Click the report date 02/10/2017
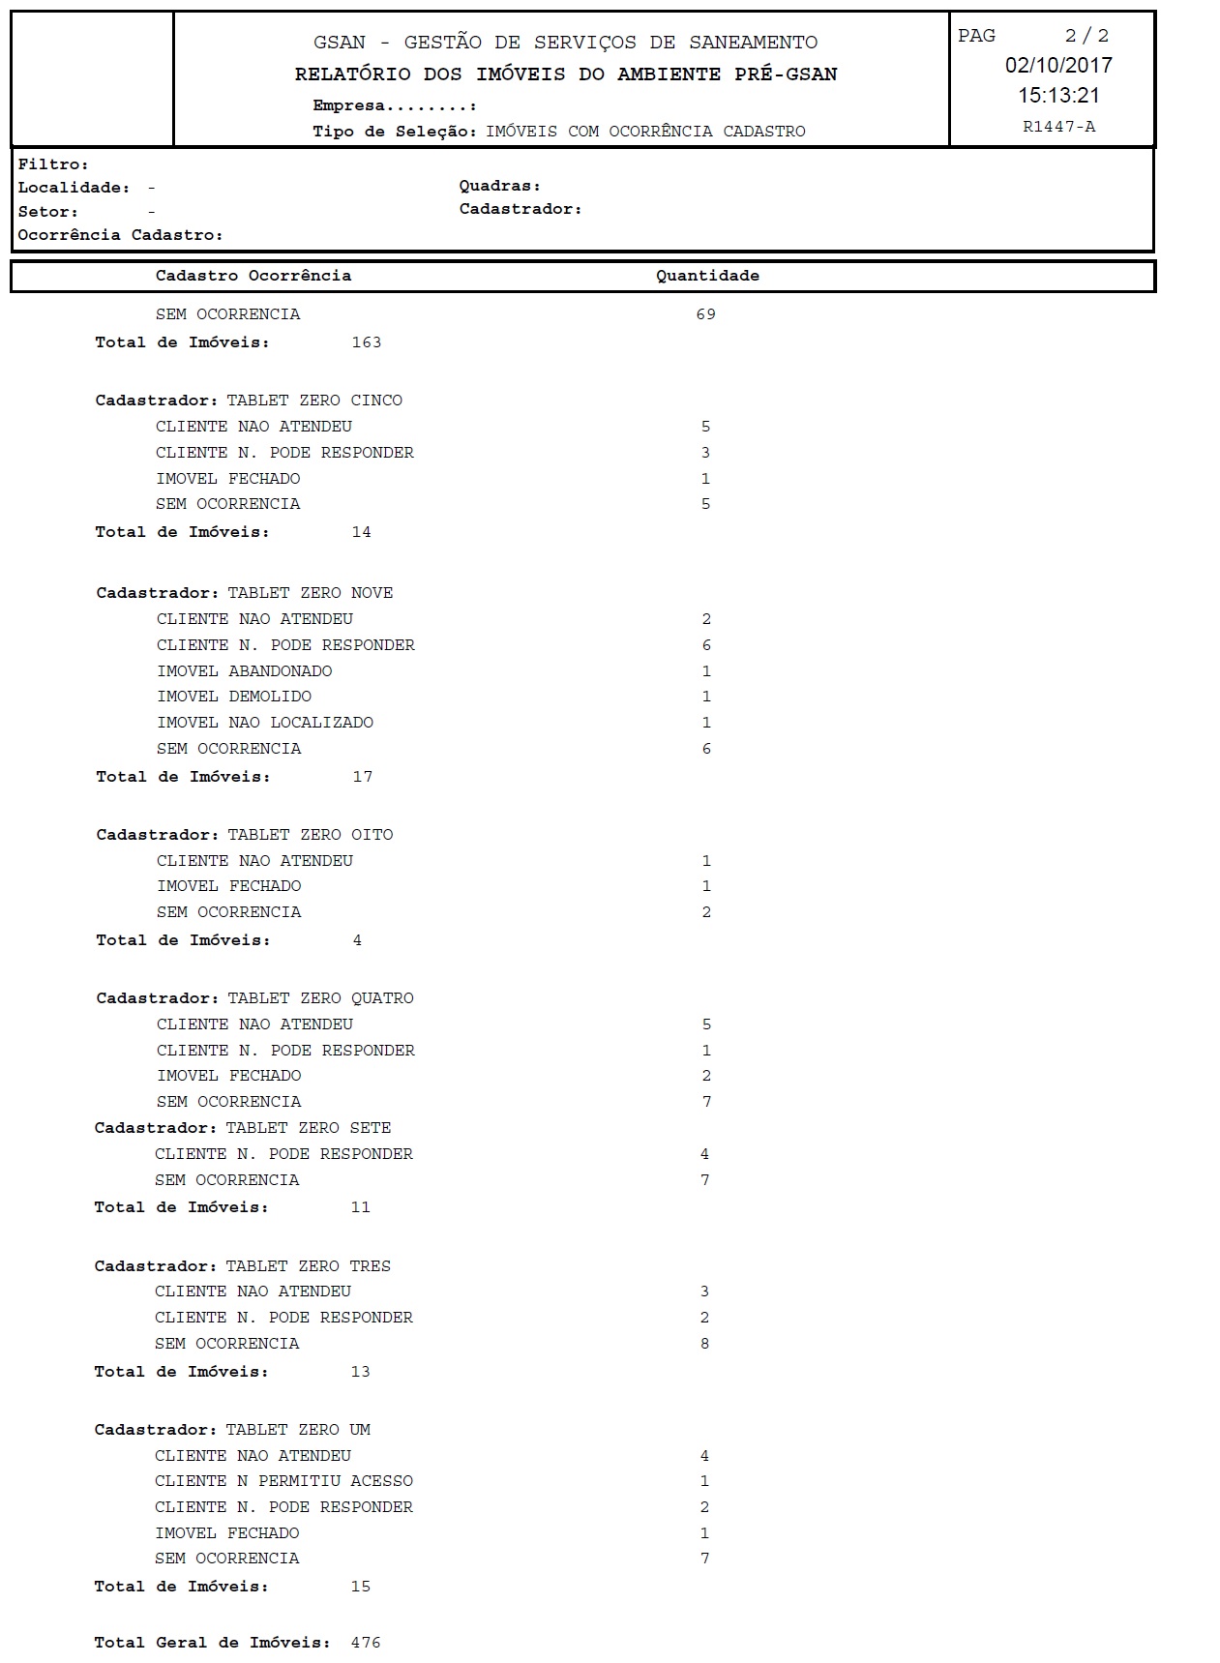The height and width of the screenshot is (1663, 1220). tap(1058, 65)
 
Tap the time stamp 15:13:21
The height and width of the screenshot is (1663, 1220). tap(1058, 95)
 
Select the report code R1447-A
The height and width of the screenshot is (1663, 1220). tap(1058, 127)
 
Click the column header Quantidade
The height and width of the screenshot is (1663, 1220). tap(707, 276)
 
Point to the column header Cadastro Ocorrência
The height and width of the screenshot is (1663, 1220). tap(253, 276)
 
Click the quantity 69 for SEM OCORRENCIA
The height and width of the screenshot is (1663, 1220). tap(705, 314)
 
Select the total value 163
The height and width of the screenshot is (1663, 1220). tap(367, 342)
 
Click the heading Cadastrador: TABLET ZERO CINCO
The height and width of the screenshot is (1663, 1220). tap(249, 401)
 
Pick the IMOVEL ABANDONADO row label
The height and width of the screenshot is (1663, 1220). tap(245, 671)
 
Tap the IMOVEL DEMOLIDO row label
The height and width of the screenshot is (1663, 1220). tap(234, 697)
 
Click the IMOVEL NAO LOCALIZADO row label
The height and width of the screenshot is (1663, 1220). tap(265, 723)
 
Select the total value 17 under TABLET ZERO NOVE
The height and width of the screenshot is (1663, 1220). tap(363, 777)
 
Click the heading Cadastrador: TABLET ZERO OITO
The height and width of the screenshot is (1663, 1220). tap(245, 835)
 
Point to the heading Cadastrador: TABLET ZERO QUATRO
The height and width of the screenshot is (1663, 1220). tap(254, 998)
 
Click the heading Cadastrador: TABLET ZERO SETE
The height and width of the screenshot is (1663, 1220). tap(243, 1128)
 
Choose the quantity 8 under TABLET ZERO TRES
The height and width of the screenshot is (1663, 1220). tap(704, 1344)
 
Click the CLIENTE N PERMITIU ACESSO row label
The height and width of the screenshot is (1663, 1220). tap(283, 1481)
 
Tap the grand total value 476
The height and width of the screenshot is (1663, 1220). tap(366, 1643)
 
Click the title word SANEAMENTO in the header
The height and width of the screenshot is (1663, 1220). tap(753, 43)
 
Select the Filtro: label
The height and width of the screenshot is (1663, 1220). tap(53, 164)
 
